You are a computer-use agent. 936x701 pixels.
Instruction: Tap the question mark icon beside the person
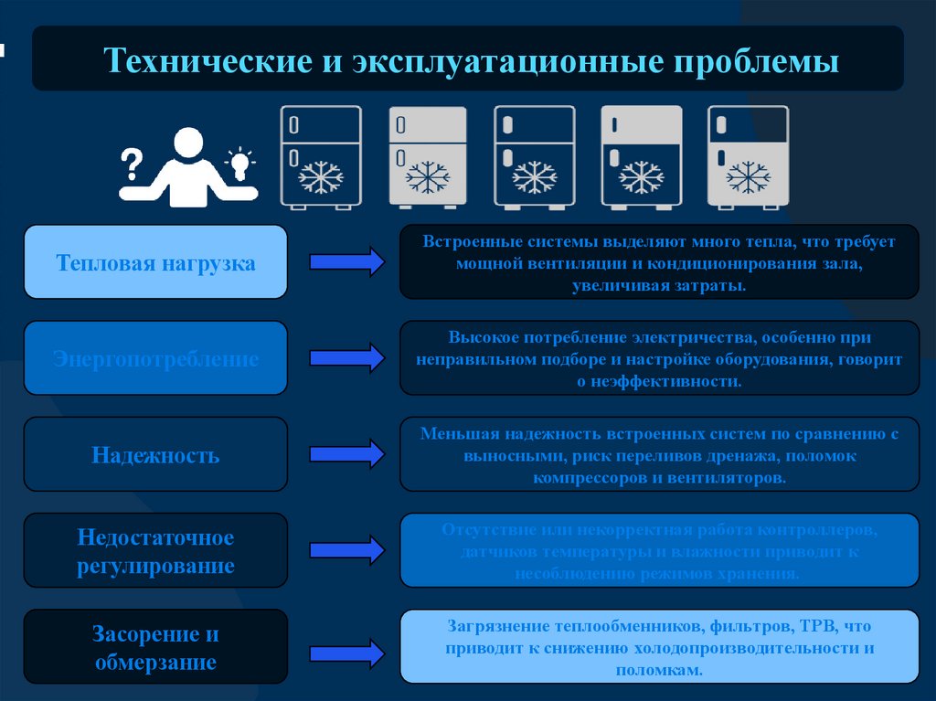pyautogui.click(x=132, y=165)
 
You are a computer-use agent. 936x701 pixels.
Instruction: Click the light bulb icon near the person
pyautogui.click(x=239, y=164)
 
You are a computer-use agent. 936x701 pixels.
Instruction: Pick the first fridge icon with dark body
pyautogui.click(x=320, y=157)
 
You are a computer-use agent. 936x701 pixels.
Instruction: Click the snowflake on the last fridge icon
pyautogui.click(x=748, y=176)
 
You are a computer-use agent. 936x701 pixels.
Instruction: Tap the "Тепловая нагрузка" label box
pyautogui.click(x=155, y=263)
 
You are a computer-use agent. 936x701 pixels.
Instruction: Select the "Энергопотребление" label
pyautogui.click(x=155, y=358)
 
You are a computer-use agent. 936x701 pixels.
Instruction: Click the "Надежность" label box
pyautogui.click(x=155, y=454)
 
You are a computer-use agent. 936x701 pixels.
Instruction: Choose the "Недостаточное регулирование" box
pyautogui.click(x=155, y=550)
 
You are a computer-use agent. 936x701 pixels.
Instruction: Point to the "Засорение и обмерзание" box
pyautogui.click(x=155, y=647)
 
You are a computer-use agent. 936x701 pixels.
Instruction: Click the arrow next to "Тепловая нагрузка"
pyautogui.click(x=346, y=262)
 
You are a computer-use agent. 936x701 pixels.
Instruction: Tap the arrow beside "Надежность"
pyautogui.click(x=346, y=454)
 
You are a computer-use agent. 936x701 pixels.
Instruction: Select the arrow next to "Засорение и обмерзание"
pyautogui.click(x=346, y=653)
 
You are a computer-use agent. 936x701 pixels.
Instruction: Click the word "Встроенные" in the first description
pyautogui.click(x=471, y=242)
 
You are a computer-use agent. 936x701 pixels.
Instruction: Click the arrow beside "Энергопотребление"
pyautogui.click(x=346, y=358)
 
